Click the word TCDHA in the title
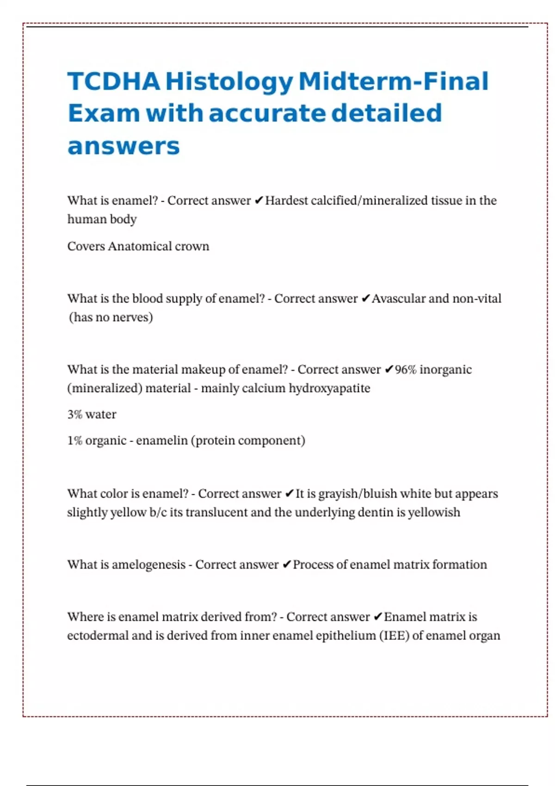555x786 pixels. (114, 81)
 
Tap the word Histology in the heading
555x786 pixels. (229, 82)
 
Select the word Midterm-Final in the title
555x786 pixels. (394, 81)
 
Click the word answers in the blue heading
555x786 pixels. (123, 146)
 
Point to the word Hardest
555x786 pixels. (286, 201)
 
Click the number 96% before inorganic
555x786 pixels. (406, 369)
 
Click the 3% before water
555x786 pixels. (74, 414)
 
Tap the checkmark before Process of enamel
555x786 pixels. (286, 565)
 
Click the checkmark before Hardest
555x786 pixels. (259, 201)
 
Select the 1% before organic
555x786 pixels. (74, 441)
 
